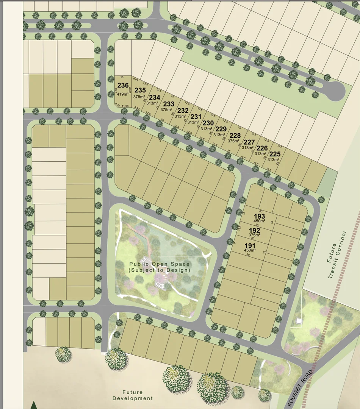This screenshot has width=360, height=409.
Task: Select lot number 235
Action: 140,90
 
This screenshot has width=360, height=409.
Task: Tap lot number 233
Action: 169,104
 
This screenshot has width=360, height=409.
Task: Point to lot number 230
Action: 208,123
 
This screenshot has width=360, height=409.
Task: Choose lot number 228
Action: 235,136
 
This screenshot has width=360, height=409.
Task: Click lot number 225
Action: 275,154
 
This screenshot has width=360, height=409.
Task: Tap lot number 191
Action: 250,245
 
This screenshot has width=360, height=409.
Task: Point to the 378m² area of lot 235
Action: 139,97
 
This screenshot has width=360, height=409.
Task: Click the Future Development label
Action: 133,395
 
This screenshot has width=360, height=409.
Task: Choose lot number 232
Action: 183,111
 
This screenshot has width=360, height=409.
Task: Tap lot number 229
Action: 221,129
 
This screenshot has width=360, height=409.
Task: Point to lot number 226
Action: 262,148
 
